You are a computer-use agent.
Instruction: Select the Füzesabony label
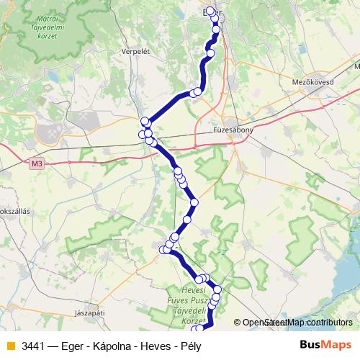point(232,130)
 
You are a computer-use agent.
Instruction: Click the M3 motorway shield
point(37,164)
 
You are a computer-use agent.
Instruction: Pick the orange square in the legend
point(9,346)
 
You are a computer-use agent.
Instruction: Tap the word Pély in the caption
point(189,346)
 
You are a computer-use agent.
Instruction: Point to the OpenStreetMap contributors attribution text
point(297,323)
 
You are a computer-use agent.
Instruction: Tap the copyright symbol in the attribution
point(237,323)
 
